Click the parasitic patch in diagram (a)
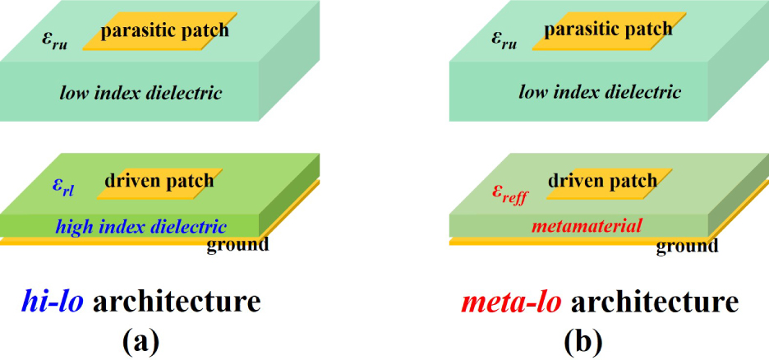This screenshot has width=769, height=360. pos(160,31)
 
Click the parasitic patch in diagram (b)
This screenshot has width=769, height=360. pos(610,31)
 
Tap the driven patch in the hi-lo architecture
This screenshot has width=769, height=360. pos(159,183)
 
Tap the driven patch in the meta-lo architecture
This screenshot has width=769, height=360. pos(609,183)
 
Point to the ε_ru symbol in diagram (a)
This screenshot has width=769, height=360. pos(54,42)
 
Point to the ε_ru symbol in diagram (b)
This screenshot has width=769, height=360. pos(504,42)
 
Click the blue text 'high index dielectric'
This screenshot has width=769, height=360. pos(141,227)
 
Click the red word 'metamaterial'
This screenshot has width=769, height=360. pos(587,226)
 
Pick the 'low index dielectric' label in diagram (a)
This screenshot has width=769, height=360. pos(141,93)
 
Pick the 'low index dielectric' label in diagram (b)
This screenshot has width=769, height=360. pos(601,92)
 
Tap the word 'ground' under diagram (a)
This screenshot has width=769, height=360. pos(238,244)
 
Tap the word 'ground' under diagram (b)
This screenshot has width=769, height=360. pos(688,245)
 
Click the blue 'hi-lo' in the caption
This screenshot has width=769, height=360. pos(52,302)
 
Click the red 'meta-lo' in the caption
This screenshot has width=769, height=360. pos(510,302)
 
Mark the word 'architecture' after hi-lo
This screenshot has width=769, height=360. pos(176,302)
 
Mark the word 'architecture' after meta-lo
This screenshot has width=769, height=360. pos(654,302)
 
